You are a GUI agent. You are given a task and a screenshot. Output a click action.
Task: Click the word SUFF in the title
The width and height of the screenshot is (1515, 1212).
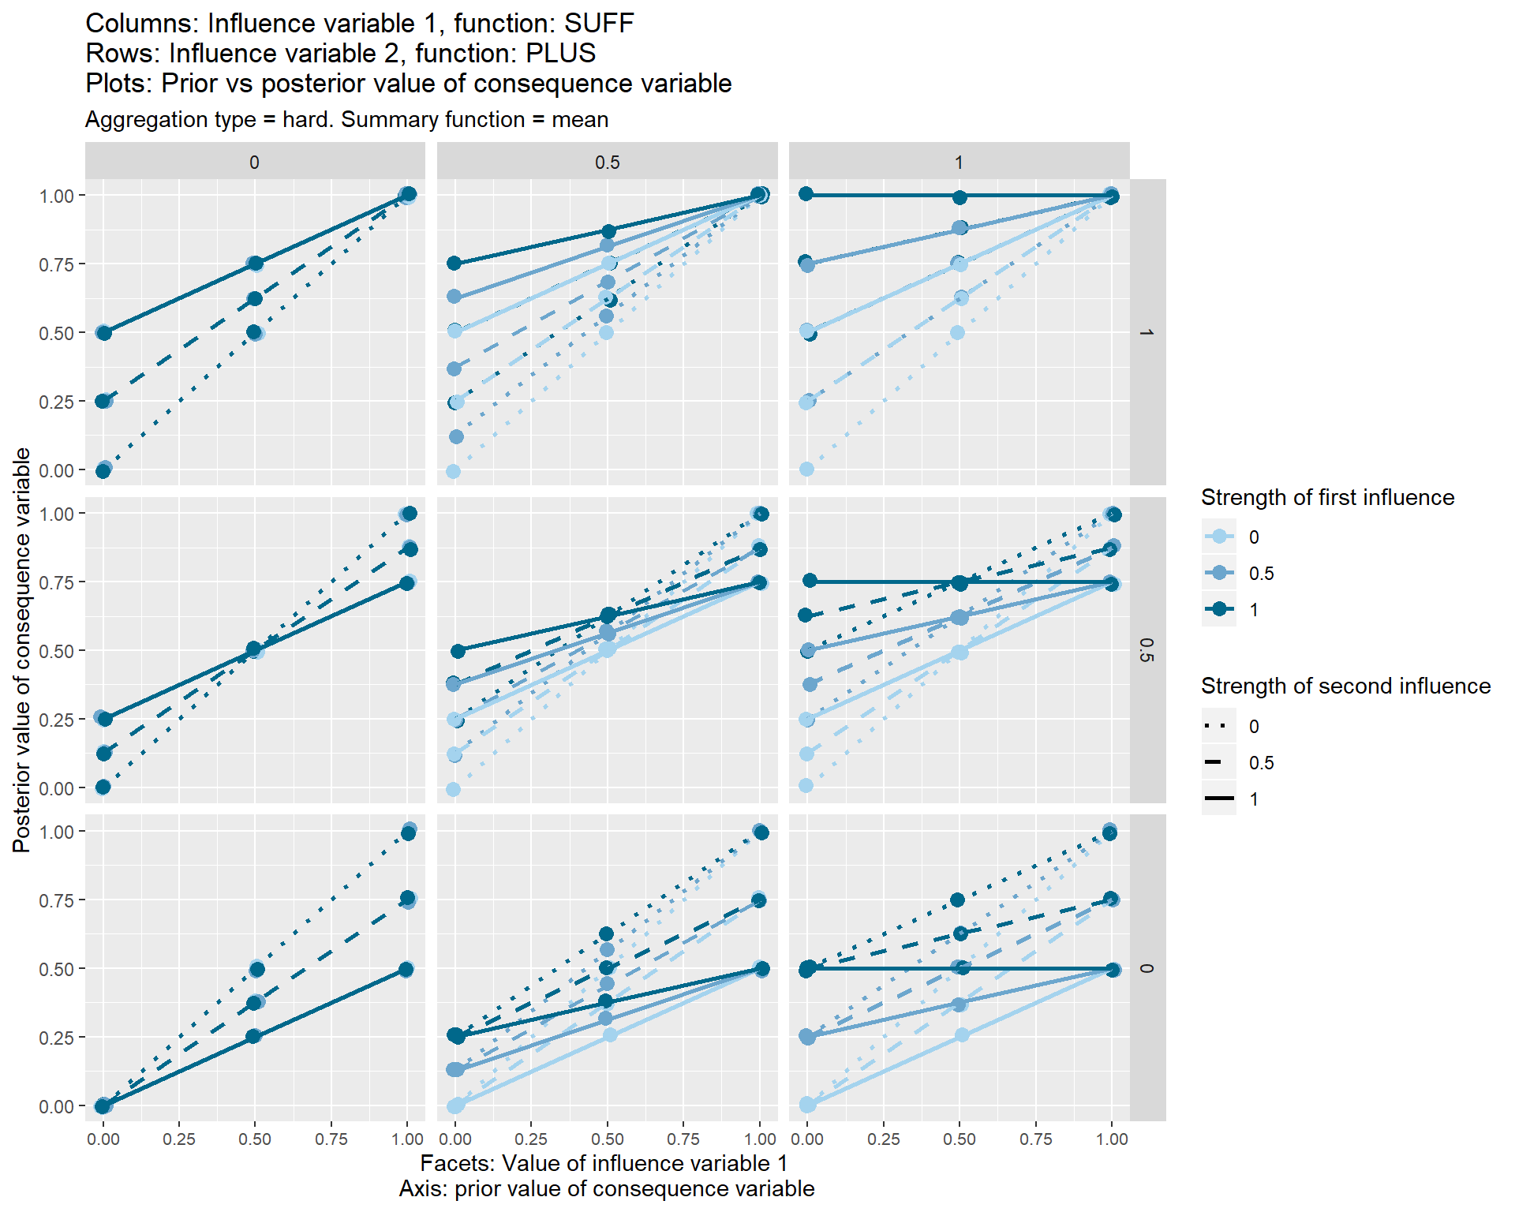click(599, 24)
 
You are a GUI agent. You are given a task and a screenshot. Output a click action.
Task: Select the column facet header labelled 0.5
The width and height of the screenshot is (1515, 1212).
click(607, 163)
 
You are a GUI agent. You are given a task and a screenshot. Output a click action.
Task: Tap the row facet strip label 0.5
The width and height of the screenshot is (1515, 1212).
click(1147, 650)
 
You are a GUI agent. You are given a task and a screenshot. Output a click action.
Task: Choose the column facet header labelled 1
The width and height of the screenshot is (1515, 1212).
click(959, 163)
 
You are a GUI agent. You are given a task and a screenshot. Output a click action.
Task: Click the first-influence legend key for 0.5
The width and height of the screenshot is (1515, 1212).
click(1219, 573)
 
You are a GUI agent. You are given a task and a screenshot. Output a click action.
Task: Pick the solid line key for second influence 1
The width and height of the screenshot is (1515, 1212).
click(1219, 799)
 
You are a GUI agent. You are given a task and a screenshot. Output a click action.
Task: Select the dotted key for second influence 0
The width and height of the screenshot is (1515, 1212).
click(1219, 726)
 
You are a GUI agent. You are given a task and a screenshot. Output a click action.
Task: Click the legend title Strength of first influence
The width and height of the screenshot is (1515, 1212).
click(1327, 498)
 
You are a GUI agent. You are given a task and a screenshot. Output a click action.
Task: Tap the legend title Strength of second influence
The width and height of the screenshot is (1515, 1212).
click(1345, 686)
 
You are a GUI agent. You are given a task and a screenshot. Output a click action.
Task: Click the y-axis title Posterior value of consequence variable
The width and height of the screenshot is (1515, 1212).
click(22, 650)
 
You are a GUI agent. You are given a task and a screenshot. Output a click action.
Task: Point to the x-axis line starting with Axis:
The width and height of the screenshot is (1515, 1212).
click(606, 1189)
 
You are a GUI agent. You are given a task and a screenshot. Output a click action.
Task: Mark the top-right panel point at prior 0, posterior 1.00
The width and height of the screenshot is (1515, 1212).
click(806, 194)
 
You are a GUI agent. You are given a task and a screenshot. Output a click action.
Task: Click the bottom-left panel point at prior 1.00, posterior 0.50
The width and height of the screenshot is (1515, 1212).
click(406, 969)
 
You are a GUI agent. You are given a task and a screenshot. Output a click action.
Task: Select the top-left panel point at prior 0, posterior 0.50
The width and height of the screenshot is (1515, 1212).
click(103, 333)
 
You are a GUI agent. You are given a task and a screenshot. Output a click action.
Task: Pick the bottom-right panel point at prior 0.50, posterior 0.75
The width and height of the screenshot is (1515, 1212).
click(958, 900)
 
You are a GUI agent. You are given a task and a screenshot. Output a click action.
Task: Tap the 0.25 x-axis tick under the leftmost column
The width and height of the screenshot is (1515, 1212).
click(178, 1139)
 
